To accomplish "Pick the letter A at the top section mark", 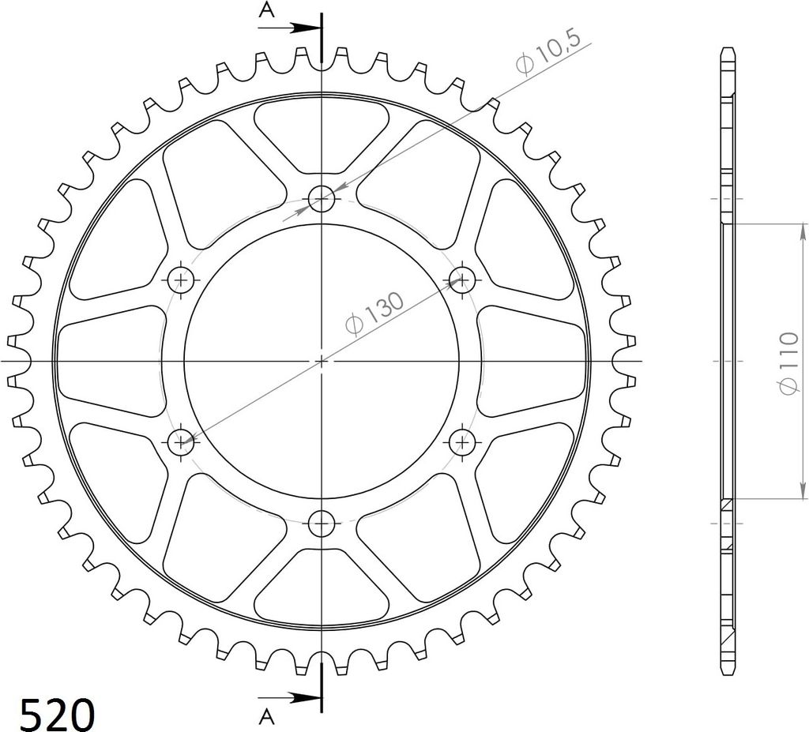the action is [x=266, y=9].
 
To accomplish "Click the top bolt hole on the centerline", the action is [x=322, y=199].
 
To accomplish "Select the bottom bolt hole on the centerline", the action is [x=322, y=524].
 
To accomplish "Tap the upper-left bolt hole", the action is [x=181, y=280].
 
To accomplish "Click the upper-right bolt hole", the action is [x=461, y=280].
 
